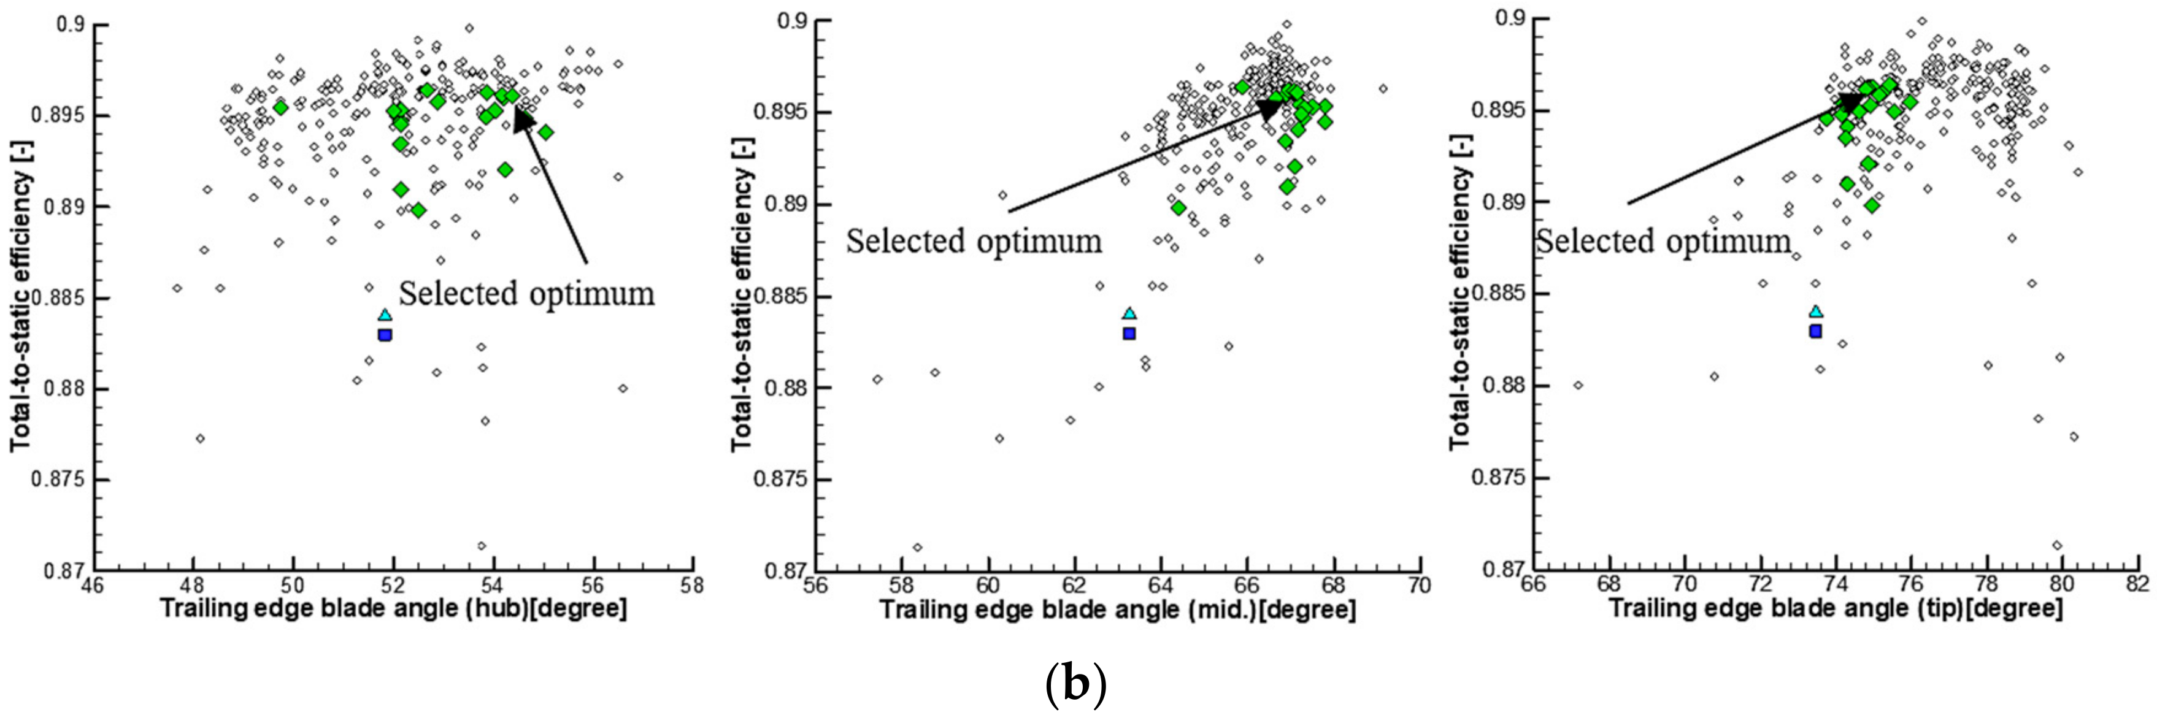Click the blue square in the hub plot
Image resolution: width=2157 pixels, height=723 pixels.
point(384,335)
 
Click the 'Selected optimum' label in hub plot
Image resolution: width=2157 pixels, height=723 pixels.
point(526,294)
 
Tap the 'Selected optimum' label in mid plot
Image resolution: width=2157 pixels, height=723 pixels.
point(973,242)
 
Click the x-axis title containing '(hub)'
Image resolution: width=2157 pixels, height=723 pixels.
point(393,609)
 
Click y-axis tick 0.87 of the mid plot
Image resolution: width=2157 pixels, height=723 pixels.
point(785,571)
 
